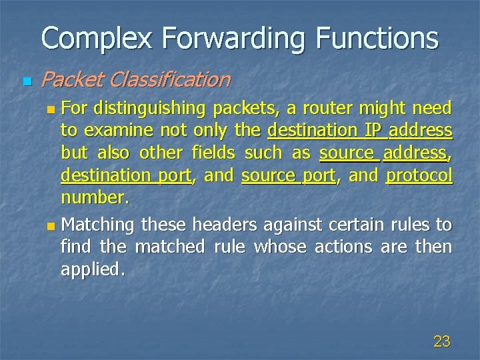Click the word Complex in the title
pos(91,39)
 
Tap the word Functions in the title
pos(377,39)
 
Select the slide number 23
pos(441,342)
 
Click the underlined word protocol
pos(419,176)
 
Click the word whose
pos(272,247)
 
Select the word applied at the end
pos(91,271)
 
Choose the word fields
pos(213,153)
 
